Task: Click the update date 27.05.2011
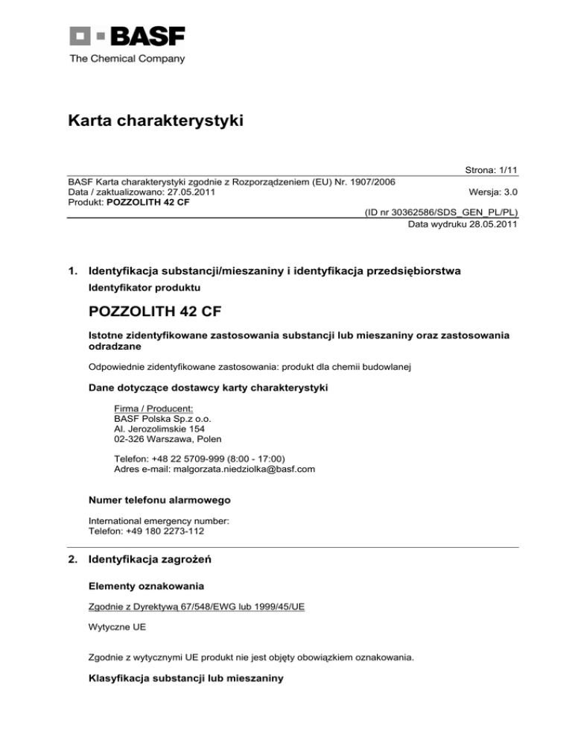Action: pyautogui.click(x=182, y=192)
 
